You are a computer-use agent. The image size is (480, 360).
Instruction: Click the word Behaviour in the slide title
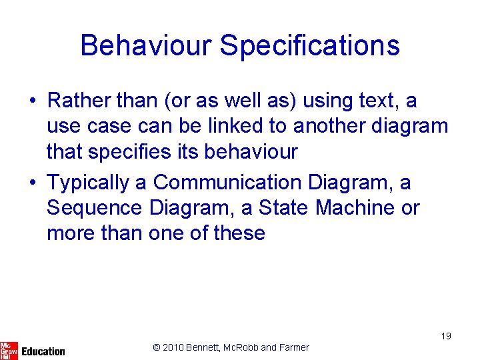point(145,45)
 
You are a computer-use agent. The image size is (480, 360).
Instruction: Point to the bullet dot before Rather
point(33,101)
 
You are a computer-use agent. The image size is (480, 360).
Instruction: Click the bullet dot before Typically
point(33,183)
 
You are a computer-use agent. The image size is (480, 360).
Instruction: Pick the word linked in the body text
point(257,126)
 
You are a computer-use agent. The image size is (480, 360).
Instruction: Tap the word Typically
point(97,183)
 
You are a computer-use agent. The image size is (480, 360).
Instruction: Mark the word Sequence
point(94,208)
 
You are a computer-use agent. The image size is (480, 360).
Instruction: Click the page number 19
point(445,337)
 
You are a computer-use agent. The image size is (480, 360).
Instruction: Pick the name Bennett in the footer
point(207,347)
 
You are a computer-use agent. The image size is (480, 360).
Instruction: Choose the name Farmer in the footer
point(293,347)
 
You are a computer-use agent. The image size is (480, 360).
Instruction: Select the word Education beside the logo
point(43,351)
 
